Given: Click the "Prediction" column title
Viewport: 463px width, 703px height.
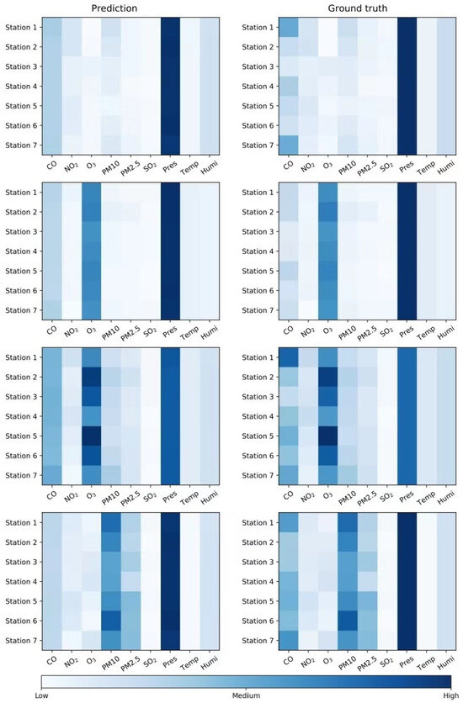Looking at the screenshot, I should (125, 8).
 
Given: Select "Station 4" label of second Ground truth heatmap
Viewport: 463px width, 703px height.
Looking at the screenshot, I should (258, 251).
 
